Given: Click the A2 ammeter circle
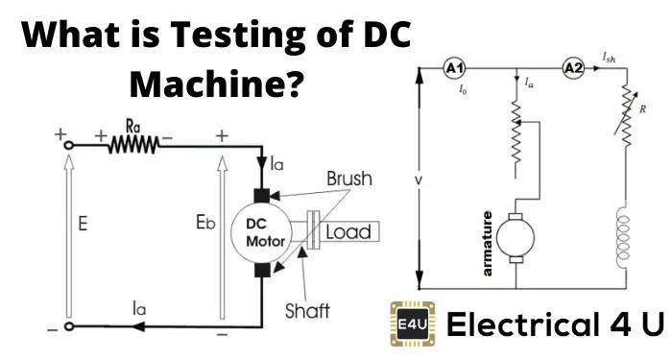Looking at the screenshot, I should tap(573, 69).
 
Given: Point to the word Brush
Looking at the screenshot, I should tap(348, 180).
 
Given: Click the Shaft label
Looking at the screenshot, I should tap(307, 310).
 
